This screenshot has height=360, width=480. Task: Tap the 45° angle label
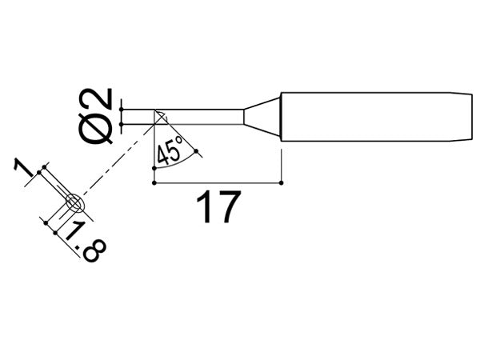tap(170, 150)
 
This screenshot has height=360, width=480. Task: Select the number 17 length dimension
tap(218, 208)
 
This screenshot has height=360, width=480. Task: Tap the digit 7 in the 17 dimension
tap(228, 208)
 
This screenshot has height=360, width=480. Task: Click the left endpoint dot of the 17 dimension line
tap(152, 182)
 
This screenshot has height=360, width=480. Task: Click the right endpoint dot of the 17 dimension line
tap(282, 182)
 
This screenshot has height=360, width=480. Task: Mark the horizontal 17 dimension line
tap(216, 182)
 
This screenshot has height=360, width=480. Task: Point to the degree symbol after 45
tap(180, 141)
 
